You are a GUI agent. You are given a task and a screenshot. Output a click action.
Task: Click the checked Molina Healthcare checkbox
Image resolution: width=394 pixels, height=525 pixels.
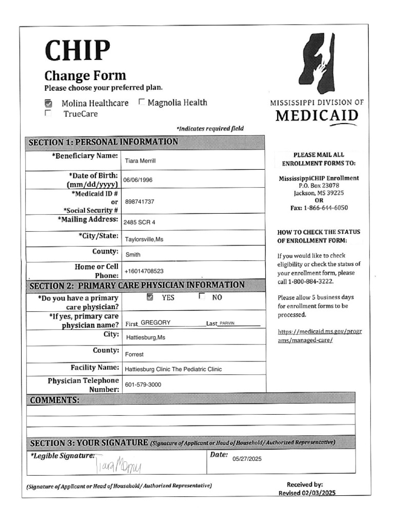[49, 103]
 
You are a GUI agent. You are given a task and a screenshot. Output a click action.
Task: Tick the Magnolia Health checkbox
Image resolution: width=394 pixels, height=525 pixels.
[142, 102]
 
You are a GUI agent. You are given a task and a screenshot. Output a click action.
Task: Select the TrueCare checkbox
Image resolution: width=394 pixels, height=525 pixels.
[48, 113]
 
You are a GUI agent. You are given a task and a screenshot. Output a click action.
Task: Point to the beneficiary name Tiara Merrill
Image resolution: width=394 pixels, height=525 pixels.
[140, 161]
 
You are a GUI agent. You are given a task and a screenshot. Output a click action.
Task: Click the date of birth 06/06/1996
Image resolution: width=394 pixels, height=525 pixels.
[137, 180]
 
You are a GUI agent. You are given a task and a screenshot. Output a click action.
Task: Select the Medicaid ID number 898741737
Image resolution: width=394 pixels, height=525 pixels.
[140, 201]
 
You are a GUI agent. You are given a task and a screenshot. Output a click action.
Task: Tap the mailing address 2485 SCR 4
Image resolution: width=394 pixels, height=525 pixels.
[139, 223]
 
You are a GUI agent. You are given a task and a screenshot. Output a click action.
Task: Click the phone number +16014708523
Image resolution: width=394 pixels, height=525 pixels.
[144, 271]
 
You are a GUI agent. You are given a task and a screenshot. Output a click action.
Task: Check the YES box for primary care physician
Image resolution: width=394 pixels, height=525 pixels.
[150, 297]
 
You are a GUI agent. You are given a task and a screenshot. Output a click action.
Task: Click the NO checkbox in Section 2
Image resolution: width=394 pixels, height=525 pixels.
[202, 296]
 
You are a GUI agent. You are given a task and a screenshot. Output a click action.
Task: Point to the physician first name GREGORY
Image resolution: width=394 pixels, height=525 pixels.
[155, 323]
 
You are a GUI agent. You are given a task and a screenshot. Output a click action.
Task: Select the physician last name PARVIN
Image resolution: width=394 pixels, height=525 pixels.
[230, 324]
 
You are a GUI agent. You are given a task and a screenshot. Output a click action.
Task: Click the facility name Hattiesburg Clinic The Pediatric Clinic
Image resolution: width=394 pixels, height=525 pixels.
[173, 369]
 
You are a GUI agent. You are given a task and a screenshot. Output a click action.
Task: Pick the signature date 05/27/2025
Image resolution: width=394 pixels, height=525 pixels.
[247, 459]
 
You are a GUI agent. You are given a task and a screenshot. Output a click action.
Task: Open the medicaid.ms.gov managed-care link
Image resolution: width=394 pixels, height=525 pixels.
[319, 336]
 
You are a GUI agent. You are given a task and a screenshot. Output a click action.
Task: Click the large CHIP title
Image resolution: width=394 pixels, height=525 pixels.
[77, 50]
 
